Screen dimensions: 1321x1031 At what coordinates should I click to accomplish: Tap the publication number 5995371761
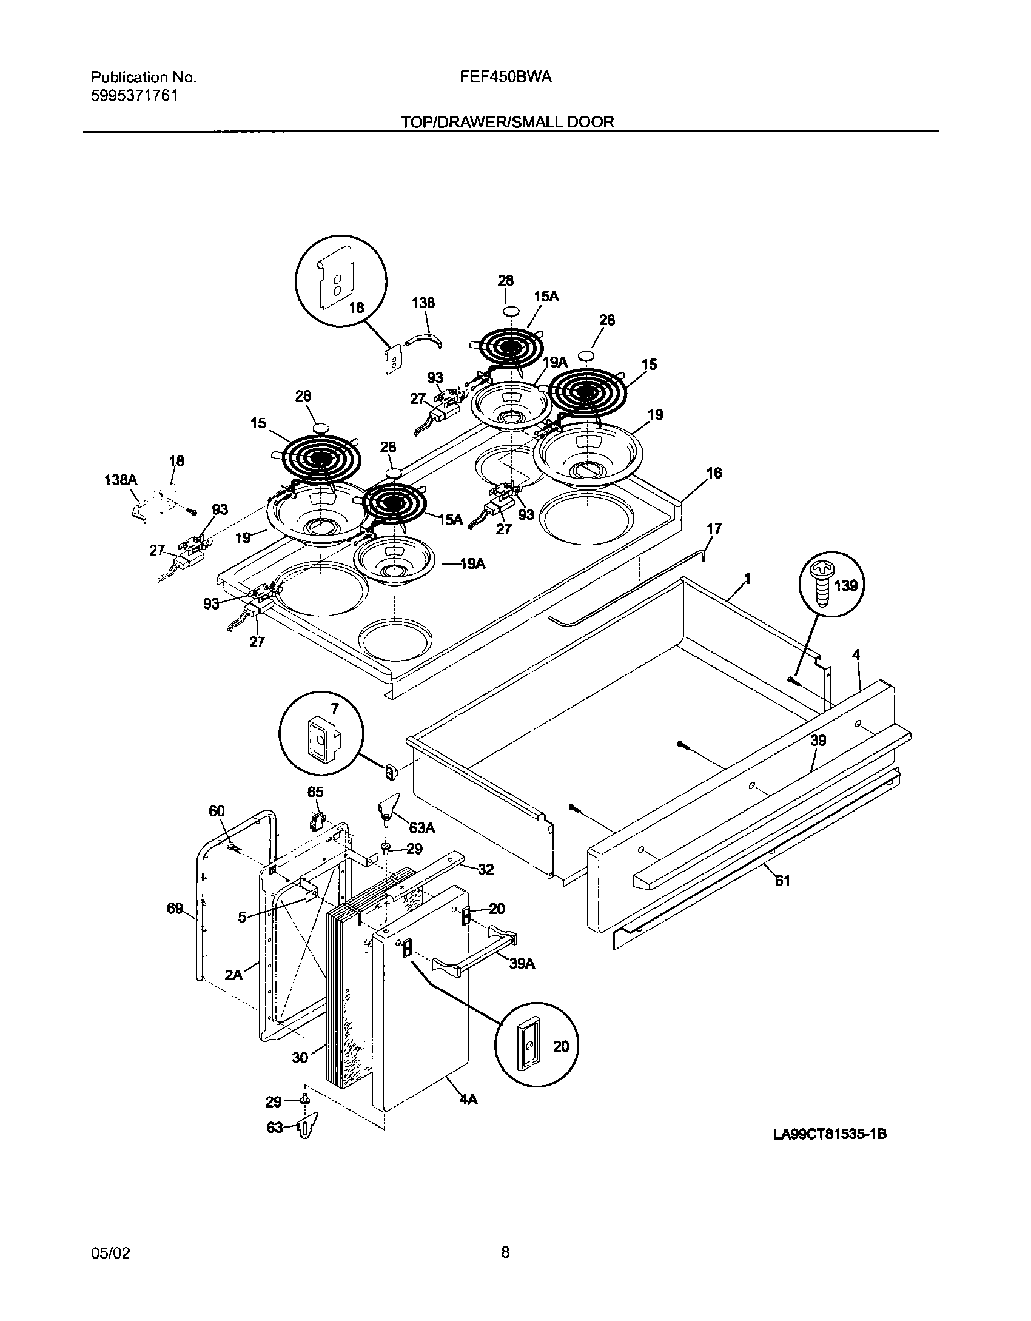click(x=135, y=96)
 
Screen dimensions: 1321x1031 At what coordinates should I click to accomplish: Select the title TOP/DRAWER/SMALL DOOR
click(x=507, y=122)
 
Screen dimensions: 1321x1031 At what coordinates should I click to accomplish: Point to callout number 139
click(x=846, y=585)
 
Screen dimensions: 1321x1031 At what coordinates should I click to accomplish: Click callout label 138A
click(x=120, y=480)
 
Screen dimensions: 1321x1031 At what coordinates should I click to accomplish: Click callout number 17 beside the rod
click(x=714, y=528)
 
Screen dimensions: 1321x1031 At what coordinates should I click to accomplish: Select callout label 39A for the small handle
click(x=522, y=963)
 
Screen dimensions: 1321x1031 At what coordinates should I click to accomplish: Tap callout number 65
click(x=315, y=792)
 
